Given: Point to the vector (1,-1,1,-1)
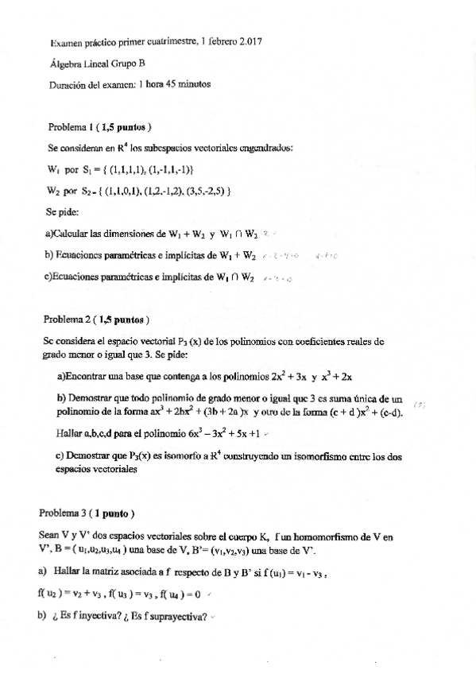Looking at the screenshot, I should tap(167, 169).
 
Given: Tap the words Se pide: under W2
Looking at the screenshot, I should tap(63, 212).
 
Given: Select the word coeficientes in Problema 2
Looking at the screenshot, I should tap(319, 341).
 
